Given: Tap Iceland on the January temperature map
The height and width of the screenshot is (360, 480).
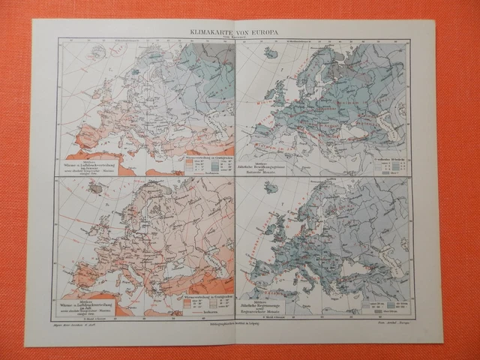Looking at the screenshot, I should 95,53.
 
